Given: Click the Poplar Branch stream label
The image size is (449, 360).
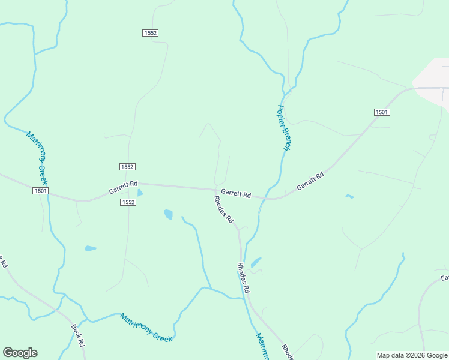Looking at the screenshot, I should [x=283, y=127].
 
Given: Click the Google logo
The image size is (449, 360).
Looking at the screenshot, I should [x=20, y=353].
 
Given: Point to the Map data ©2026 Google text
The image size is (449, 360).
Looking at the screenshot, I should [x=412, y=355].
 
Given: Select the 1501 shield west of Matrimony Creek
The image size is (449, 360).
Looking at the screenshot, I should [x=40, y=190].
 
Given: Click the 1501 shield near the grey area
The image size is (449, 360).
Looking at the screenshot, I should [x=382, y=112].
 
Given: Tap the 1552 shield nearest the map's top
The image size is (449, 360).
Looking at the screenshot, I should [x=151, y=33].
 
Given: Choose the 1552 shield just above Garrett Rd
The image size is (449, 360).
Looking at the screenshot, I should [x=127, y=166].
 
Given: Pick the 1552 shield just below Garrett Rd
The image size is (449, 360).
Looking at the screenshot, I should [x=127, y=202].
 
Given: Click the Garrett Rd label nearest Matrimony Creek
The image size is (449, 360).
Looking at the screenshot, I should [x=123, y=187].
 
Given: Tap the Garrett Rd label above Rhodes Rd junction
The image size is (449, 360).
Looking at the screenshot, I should [x=236, y=193].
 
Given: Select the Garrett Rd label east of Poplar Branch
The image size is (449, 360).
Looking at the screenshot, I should [x=310, y=181].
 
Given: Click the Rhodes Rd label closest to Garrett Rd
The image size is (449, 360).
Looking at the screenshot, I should [x=223, y=209].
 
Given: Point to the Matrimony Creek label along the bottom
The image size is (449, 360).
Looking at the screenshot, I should [x=146, y=328].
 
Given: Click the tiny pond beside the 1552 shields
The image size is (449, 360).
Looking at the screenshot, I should [x=140, y=193].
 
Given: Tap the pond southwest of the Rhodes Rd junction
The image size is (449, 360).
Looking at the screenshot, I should [x=169, y=214].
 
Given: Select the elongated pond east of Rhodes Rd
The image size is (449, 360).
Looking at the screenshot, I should [x=256, y=262].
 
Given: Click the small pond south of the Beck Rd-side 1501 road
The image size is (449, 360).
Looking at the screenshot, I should [x=91, y=248].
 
